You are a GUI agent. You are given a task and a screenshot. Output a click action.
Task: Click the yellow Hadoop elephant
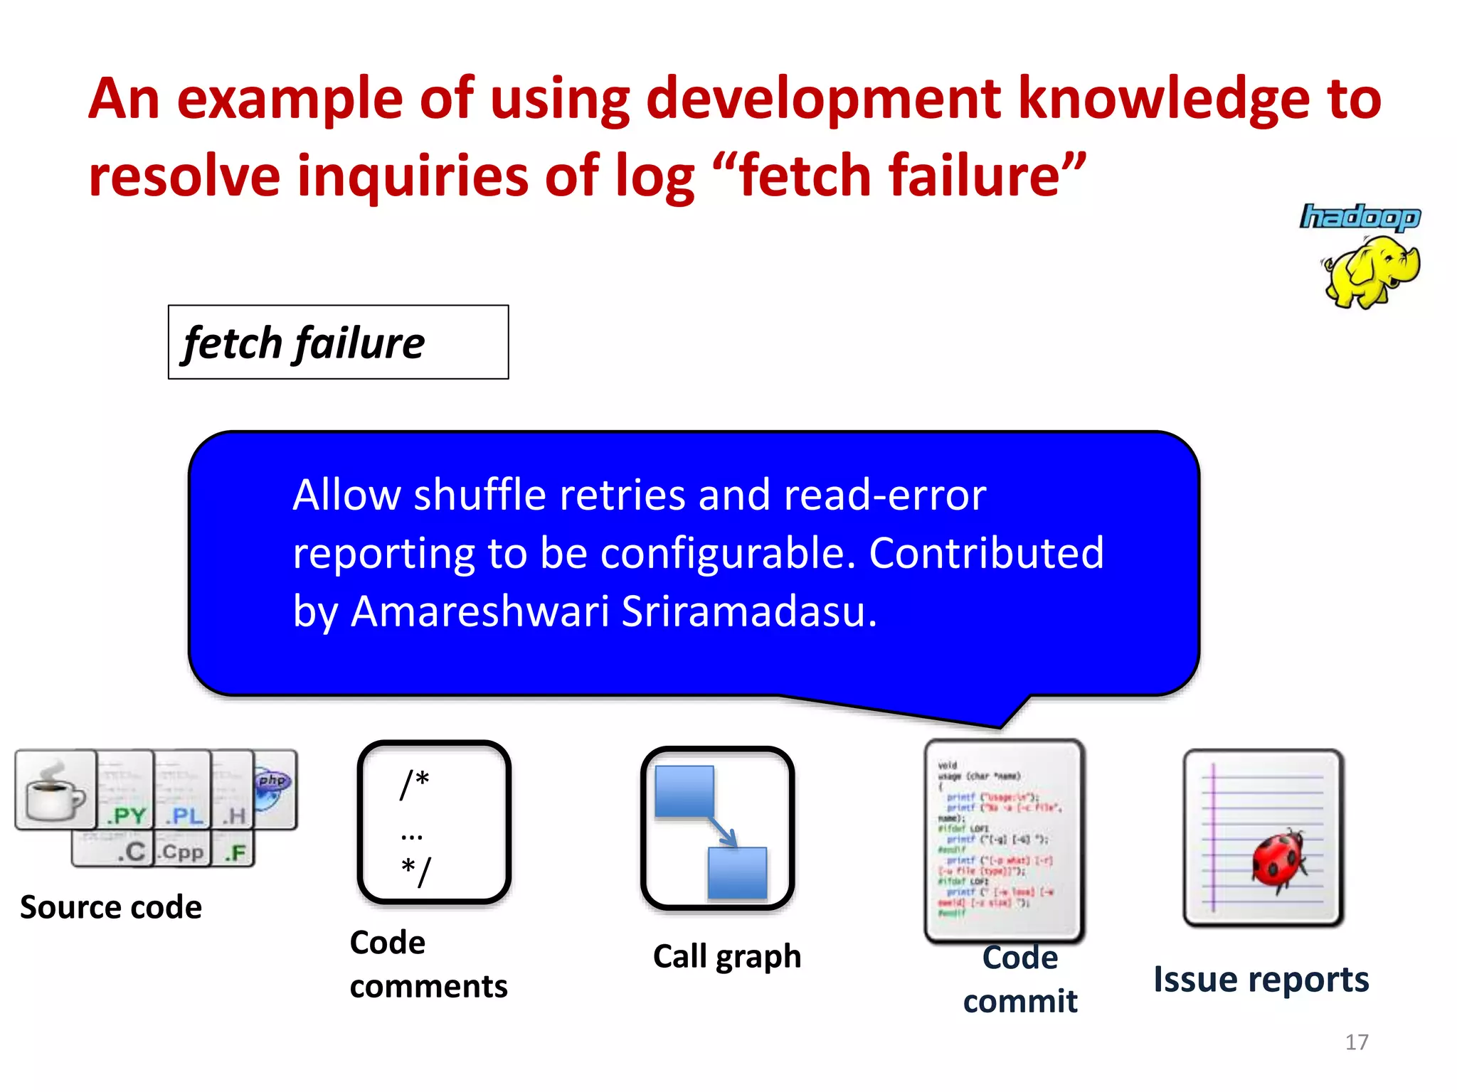coord(1372,272)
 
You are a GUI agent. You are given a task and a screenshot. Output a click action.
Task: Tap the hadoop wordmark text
coord(1360,217)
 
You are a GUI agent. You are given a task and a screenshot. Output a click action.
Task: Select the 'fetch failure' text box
coord(338,342)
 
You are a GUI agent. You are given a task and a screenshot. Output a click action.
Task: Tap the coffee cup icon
coord(55,791)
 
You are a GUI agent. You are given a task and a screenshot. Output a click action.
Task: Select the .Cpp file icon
coord(182,850)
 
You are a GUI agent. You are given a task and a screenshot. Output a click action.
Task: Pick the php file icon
coord(274,788)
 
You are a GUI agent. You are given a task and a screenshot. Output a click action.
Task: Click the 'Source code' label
coord(111,908)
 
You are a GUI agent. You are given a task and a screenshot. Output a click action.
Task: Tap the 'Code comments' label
coord(428,964)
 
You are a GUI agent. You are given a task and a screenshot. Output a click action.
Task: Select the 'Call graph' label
coord(726,956)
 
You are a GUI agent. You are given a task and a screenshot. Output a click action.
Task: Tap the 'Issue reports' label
coord(1261,980)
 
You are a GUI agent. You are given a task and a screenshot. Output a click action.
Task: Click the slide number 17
coord(1357,1042)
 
